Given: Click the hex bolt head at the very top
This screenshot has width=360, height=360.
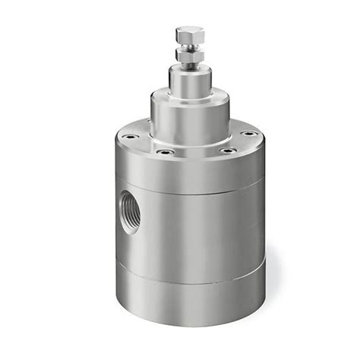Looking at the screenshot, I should click(189, 34).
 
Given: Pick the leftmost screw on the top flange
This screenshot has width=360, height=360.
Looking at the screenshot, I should click(131, 137).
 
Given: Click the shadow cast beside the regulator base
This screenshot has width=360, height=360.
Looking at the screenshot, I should click(272, 289).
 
